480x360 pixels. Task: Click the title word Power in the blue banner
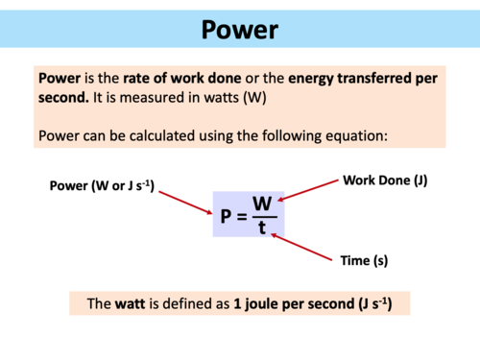point(239,30)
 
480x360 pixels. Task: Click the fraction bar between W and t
point(262,216)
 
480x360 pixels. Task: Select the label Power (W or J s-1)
point(102,184)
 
